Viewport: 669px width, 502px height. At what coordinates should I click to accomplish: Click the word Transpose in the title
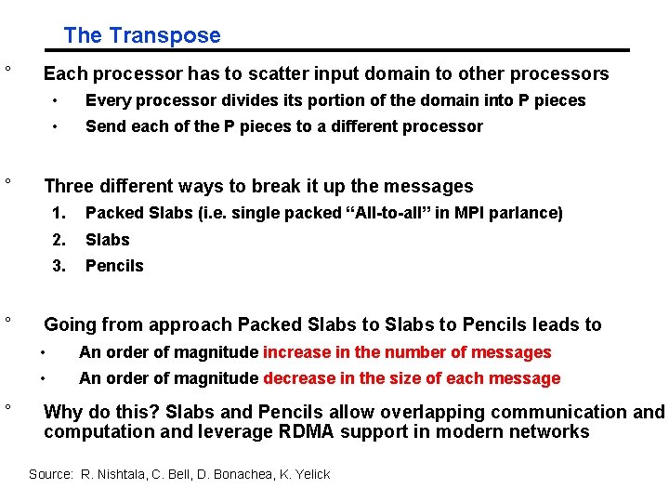pyautogui.click(x=164, y=35)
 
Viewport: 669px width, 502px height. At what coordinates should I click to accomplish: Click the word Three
pyautogui.click(x=70, y=186)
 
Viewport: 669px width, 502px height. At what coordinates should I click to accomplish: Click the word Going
pyautogui.click(x=70, y=325)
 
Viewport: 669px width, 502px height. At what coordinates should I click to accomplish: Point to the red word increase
pyautogui.click(x=295, y=352)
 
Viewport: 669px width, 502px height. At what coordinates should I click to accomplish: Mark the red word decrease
pyautogui.click(x=298, y=378)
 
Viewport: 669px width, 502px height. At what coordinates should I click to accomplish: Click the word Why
pyautogui.click(x=64, y=412)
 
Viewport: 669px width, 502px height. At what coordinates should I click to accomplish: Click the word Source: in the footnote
pyautogui.click(x=51, y=474)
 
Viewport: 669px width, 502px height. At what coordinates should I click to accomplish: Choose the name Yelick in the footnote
pyautogui.click(x=310, y=474)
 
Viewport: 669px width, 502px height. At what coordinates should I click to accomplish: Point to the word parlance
pyautogui.click(x=530, y=213)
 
